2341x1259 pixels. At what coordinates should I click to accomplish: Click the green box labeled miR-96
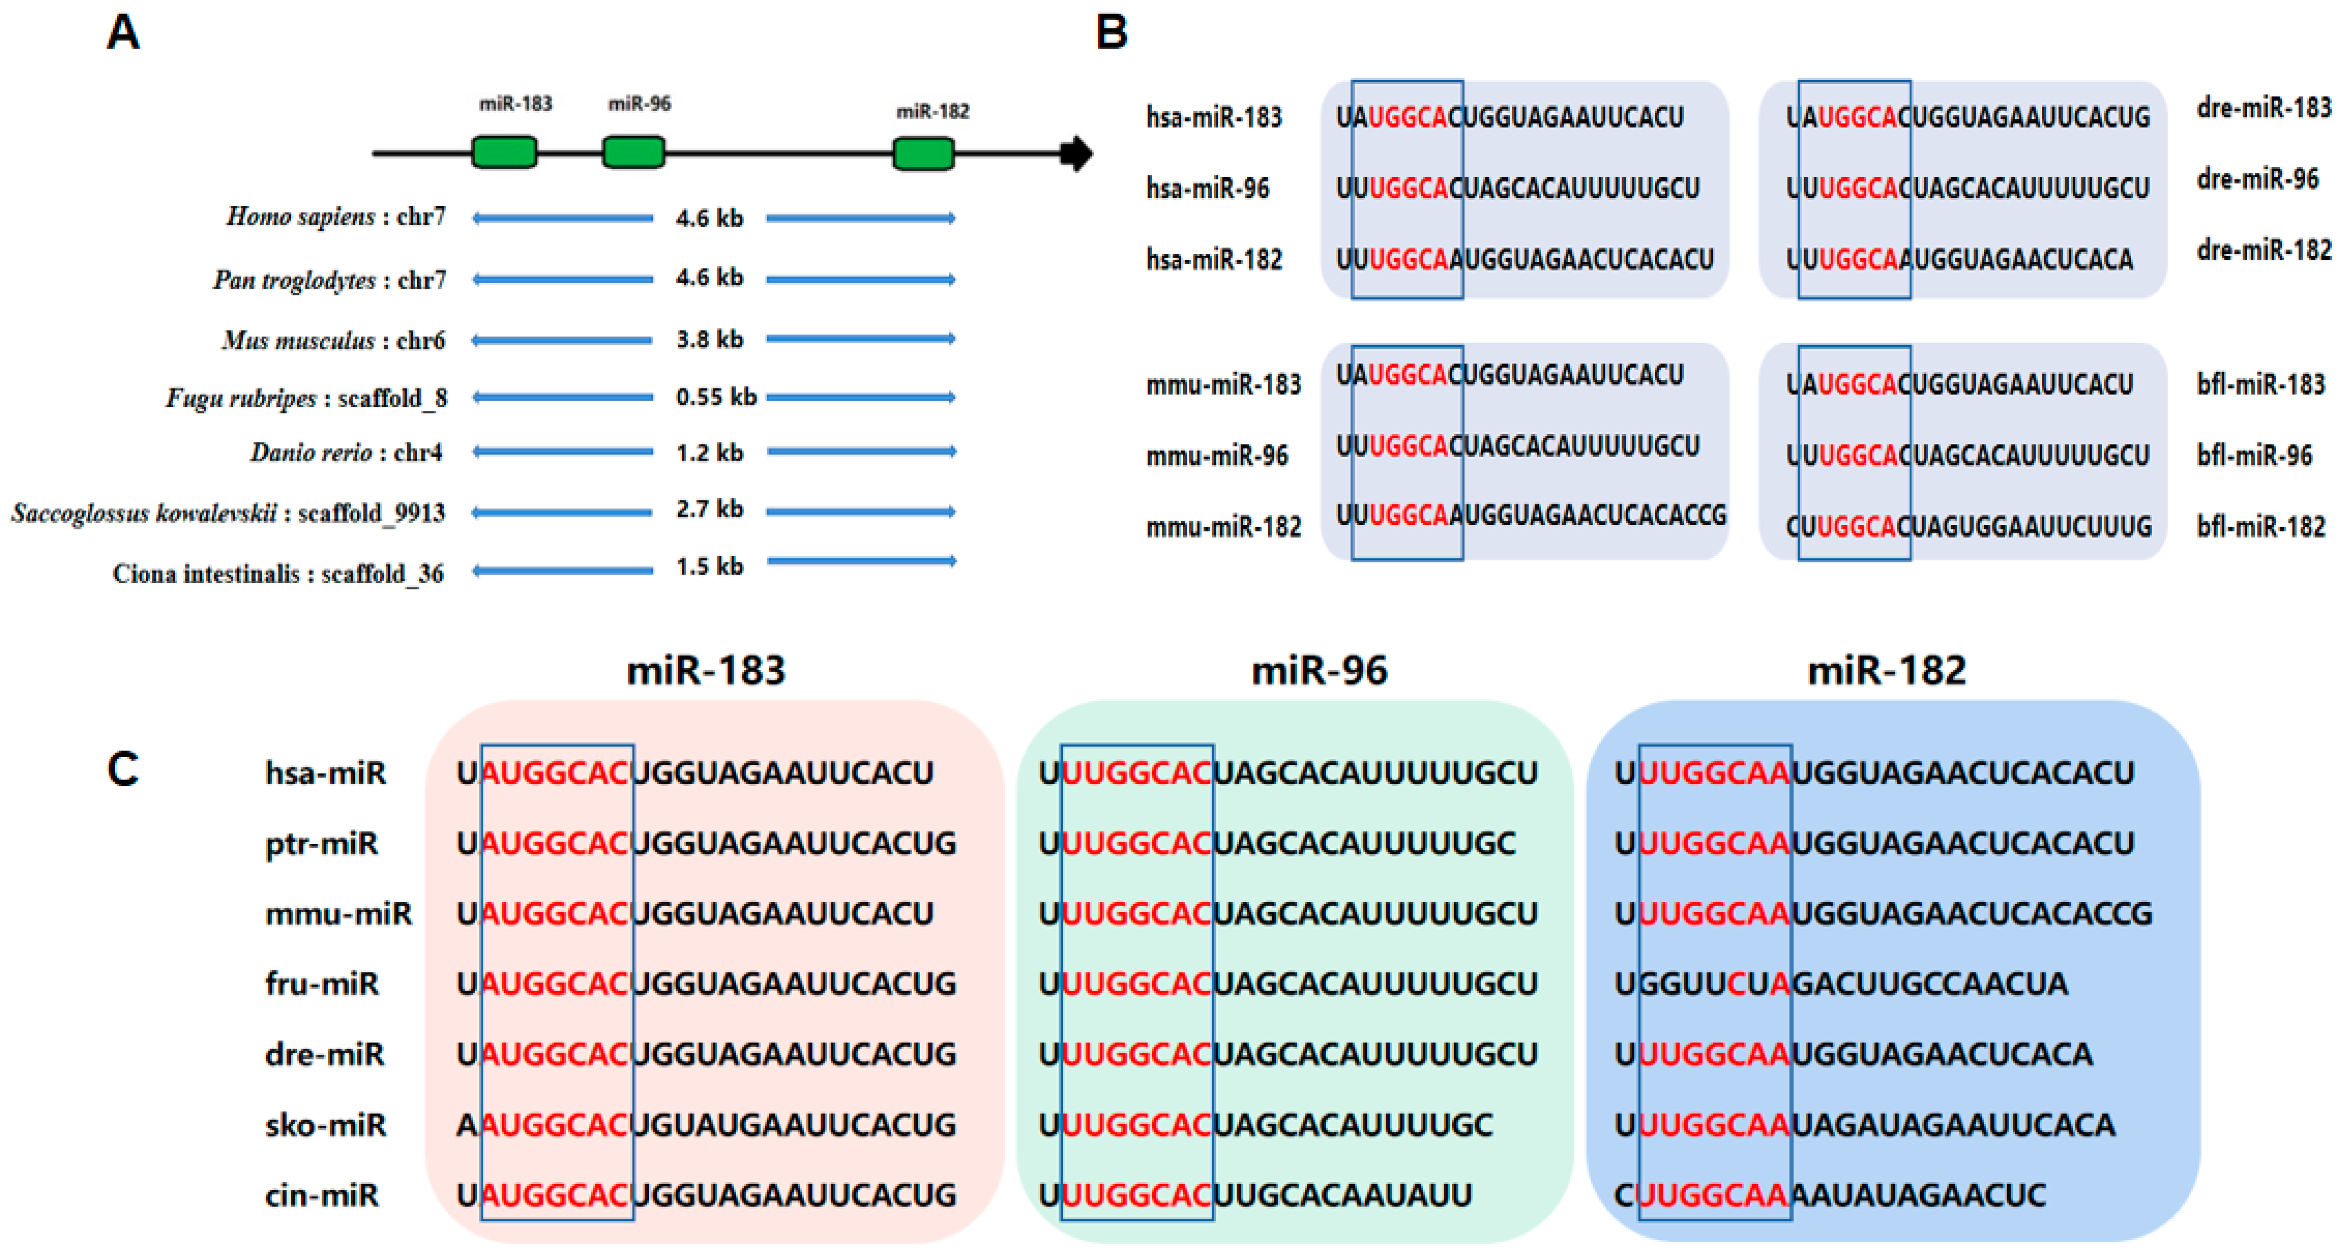pyautogui.click(x=634, y=153)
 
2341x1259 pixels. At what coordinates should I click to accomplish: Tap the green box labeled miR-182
pyautogui.click(x=923, y=154)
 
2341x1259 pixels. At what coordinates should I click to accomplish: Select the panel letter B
pyautogui.click(x=1111, y=33)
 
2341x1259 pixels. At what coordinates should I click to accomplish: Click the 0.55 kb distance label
pyautogui.click(x=716, y=397)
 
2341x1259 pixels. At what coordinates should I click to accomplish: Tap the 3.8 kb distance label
pyautogui.click(x=709, y=339)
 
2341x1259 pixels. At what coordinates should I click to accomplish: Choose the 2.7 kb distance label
pyautogui.click(x=709, y=509)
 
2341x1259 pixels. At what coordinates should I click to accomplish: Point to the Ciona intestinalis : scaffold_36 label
pyautogui.click(x=278, y=574)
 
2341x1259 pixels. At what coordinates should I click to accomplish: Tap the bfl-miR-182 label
pyautogui.click(x=2260, y=526)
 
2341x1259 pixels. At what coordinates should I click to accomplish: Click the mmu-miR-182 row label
pyautogui.click(x=1223, y=526)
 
